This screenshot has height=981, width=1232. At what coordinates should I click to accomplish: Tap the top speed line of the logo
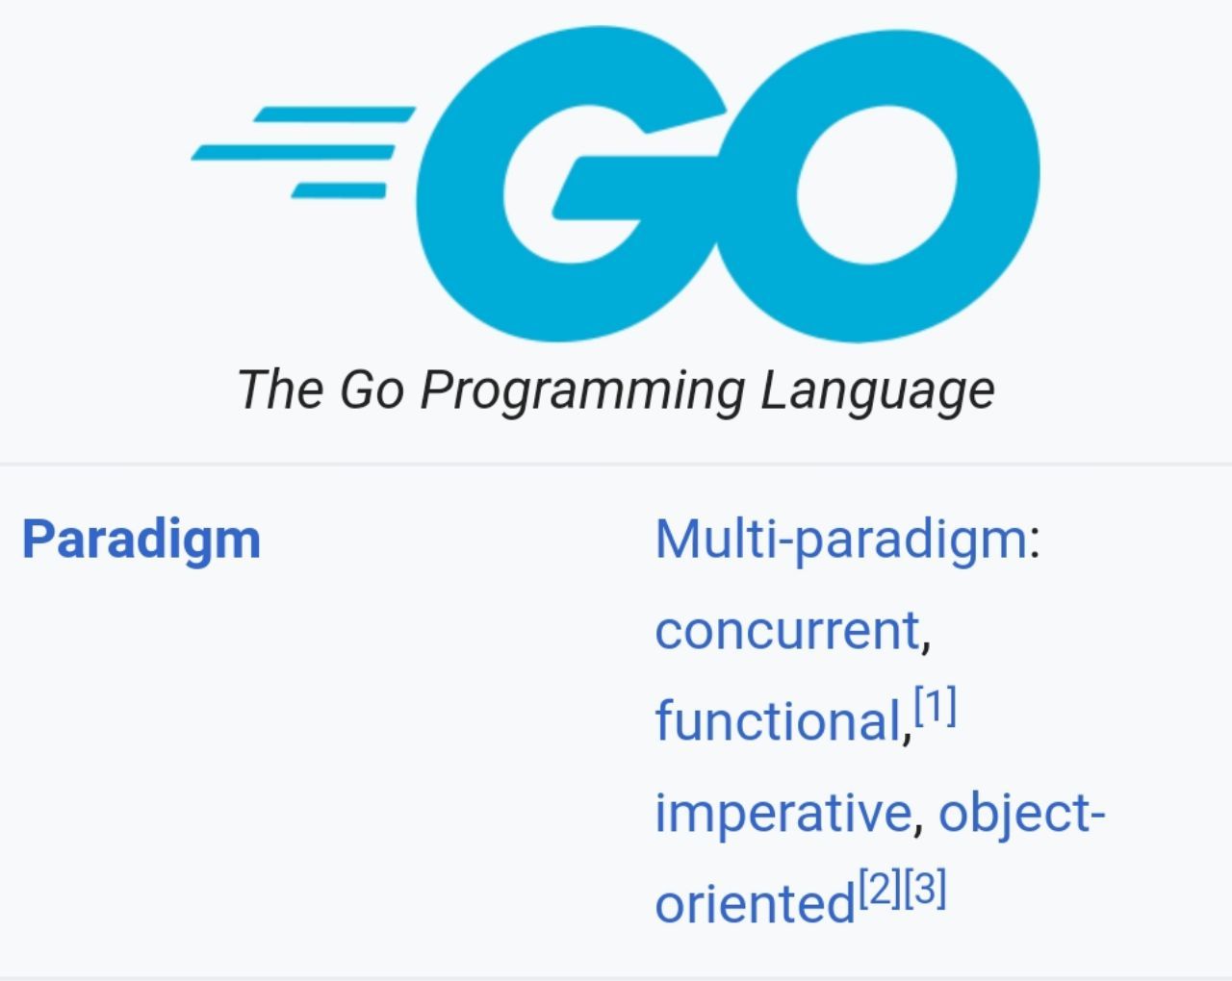(334, 113)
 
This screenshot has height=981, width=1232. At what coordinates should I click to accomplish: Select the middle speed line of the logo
(294, 153)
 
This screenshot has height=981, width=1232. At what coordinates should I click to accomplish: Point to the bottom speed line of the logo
(339, 190)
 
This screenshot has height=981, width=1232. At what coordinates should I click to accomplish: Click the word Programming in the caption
(582, 390)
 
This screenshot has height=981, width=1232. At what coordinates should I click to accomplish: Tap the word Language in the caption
(877, 390)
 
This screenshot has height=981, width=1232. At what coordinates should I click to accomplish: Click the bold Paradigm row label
(141, 540)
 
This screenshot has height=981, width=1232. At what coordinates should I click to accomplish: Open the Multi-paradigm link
(840, 540)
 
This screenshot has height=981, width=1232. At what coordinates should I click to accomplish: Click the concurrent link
(787, 630)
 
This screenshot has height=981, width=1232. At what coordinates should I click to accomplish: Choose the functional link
(778, 719)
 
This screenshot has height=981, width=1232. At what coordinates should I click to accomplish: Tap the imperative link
(783, 813)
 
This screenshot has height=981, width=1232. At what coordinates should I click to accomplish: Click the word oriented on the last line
(755, 903)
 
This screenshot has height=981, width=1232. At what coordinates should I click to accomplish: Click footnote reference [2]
(880, 889)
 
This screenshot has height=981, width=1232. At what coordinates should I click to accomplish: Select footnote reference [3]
(924, 889)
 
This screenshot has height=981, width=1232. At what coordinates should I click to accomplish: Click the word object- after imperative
(1022, 814)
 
